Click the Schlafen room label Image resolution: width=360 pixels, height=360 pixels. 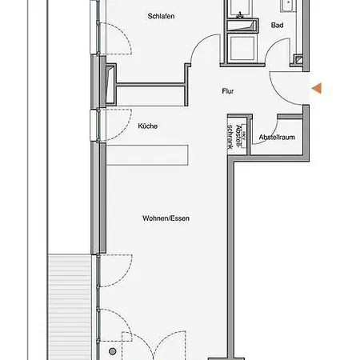[x=161, y=16]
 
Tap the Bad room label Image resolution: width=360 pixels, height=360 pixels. [x=277, y=25]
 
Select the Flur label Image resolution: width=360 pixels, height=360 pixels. [x=228, y=91]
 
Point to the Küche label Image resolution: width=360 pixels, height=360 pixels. [x=148, y=126]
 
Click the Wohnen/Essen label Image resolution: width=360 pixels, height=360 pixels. [x=166, y=218]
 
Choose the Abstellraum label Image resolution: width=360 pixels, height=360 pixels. [x=277, y=137]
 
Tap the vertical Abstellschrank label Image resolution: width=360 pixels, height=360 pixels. [x=234, y=137]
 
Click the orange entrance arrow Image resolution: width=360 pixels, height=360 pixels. [x=317, y=88]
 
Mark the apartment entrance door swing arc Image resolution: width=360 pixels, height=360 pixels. [x=278, y=95]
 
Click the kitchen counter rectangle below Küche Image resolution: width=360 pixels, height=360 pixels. [x=147, y=155]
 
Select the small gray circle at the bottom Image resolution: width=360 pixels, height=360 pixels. [x=113, y=351]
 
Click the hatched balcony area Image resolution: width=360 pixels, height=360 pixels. [x=70, y=306]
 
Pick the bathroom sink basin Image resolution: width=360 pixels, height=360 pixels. [x=288, y=6]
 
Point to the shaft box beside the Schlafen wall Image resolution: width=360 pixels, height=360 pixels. [x=110, y=83]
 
